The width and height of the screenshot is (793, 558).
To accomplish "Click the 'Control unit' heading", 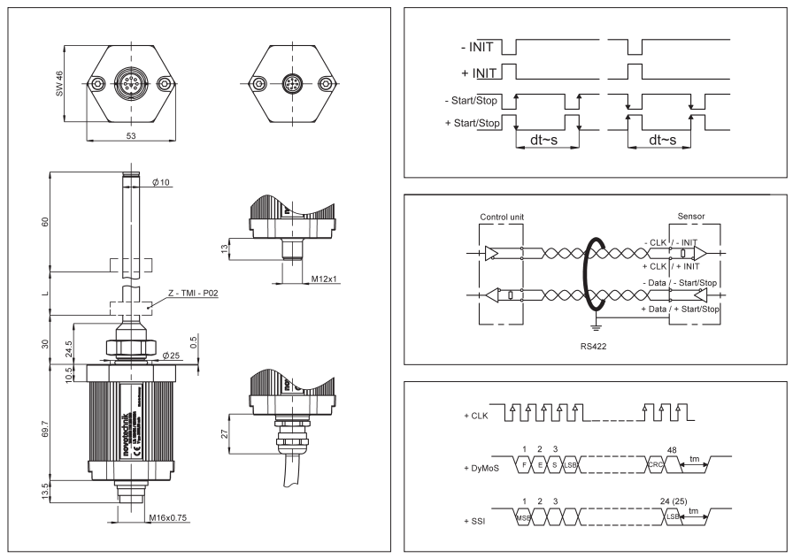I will [502, 216].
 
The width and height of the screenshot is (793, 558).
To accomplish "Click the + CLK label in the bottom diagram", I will [473, 414].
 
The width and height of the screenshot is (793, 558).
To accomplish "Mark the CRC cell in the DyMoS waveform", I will [655, 464].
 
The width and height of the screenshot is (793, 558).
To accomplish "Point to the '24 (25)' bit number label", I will [679, 501].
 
